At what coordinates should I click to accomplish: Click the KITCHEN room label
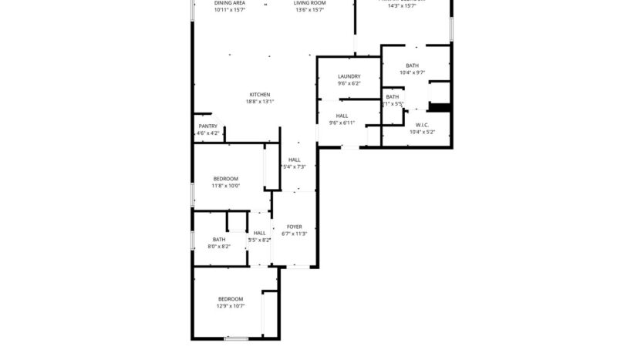(x=259, y=94)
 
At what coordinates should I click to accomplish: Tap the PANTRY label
(x=208, y=126)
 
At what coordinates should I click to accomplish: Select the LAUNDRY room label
(x=349, y=76)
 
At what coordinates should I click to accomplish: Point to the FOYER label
(x=294, y=227)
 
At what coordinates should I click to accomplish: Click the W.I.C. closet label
(x=422, y=124)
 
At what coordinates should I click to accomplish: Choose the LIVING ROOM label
(x=310, y=3)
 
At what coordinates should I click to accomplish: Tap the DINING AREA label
(x=230, y=3)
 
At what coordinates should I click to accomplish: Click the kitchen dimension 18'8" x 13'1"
(x=260, y=102)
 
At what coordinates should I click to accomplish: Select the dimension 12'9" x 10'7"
(x=230, y=306)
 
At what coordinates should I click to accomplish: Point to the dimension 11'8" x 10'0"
(x=226, y=186)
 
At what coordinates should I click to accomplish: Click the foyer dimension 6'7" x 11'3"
(x=294, y=234)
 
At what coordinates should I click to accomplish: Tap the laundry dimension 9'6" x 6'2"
(x=349, y=83)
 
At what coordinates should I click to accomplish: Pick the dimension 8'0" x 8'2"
(x=219, y=247)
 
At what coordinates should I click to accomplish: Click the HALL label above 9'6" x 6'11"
(x=342, y=116)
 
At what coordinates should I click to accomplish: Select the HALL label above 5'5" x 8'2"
(x=259, y=233)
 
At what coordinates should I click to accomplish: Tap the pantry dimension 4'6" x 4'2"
(x=208, y=133)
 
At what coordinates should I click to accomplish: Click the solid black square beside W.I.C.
(x=438, y=107)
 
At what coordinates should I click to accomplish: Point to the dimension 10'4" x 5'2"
(x=422, y=132)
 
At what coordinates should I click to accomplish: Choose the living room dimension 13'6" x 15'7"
(x=310, y=10)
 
